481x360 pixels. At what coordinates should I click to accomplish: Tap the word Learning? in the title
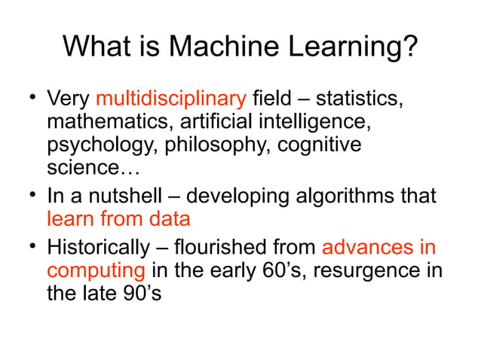pyautogui.click(x=354, y=48)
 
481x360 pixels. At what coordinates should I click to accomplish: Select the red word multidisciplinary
pyautogui.click(x=171, y=99)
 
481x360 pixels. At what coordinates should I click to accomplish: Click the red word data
pyautogui.click(x=170, y=219)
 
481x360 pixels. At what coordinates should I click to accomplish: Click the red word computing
pyautogui.click(x=96, y=270)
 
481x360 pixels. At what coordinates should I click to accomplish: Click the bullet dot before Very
pyautogui.click(x=32, y=97)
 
